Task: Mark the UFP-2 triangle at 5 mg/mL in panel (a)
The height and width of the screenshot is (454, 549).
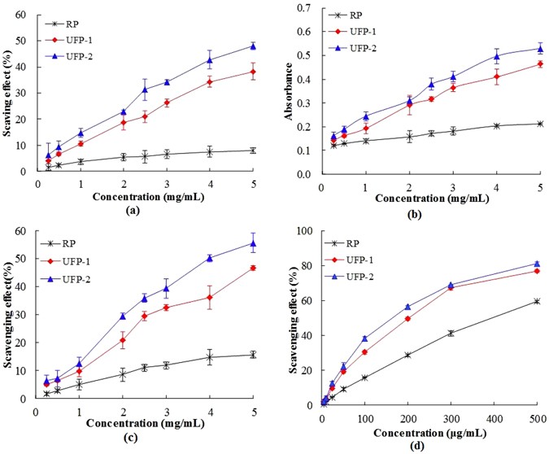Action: click(x=253, y=46)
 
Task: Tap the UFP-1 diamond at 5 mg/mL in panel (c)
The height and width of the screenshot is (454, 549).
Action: click(x=253, y=268)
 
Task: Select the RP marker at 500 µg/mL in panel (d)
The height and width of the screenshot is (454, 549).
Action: click(x=537, y=301)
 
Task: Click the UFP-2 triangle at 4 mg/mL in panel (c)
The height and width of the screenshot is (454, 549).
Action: click(x=210, y=258)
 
